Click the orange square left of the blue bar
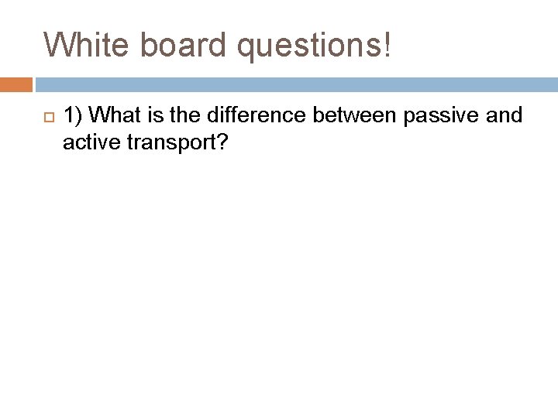pyautogui.click(x=16, y=84)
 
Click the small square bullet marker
pyautogui.click(x=46, y=117)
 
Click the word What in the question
pyautogui.click(x=115, y=116)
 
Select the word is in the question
pyautogui.click(x=155, y=116)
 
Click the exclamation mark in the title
pyautogui.click(x=387, y=45)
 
